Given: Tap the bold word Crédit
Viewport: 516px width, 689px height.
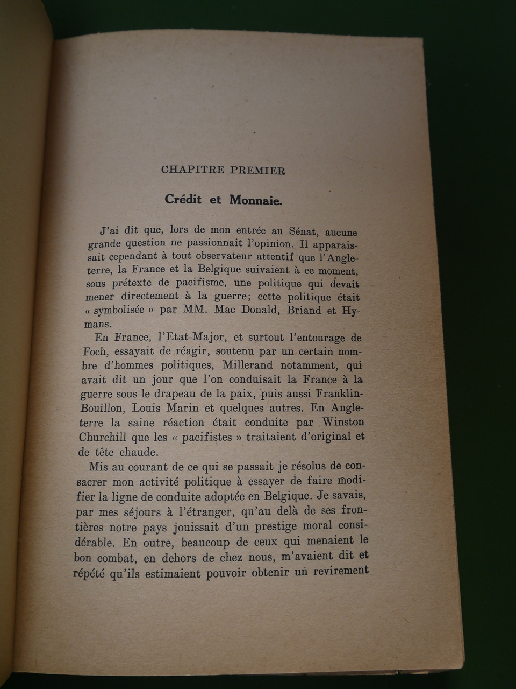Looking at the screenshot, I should click(x=183, y=199).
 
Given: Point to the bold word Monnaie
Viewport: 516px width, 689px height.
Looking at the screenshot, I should click(x=255, y=200).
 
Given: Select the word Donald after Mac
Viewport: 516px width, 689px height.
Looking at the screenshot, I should click(x=259, y=310).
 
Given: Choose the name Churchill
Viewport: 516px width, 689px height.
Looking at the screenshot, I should click(x=102, y=437).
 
